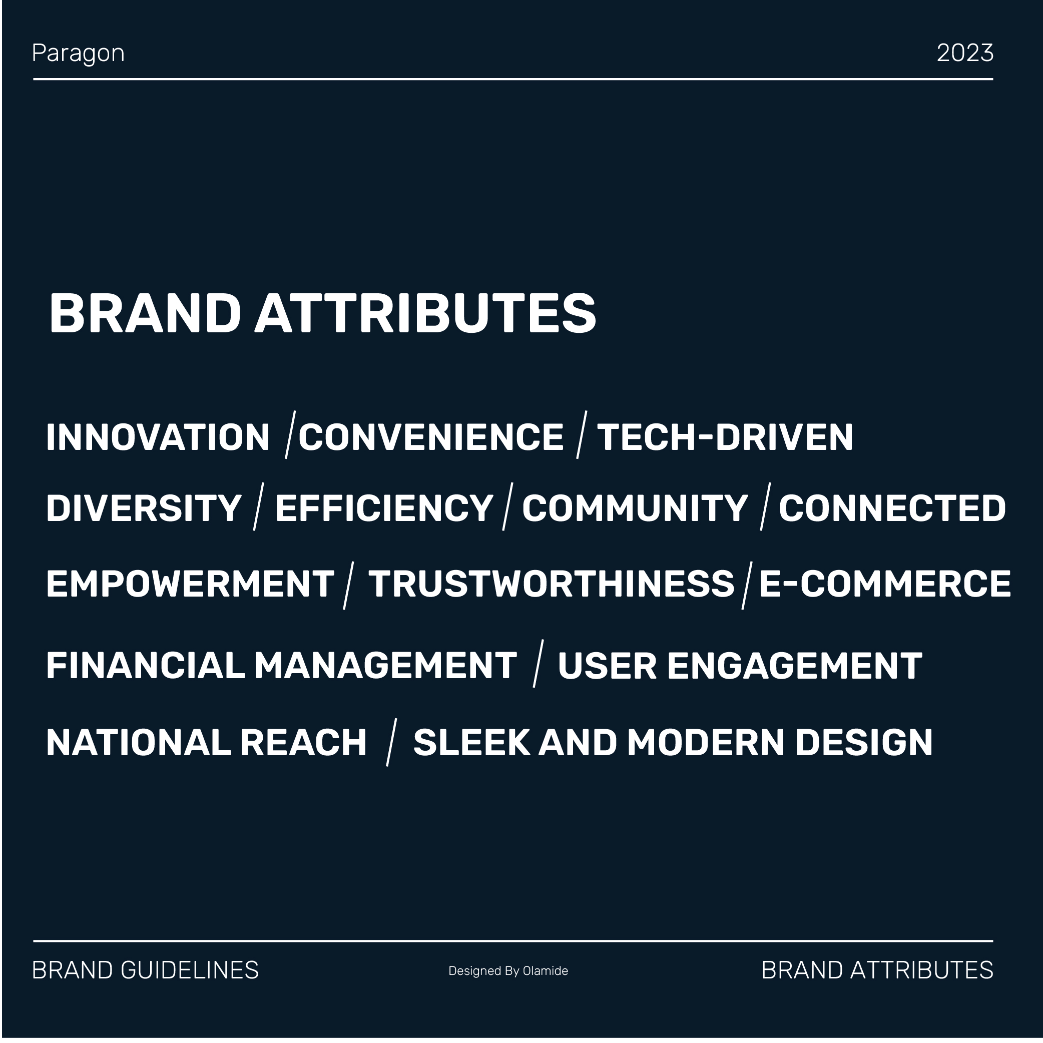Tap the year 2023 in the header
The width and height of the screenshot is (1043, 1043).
965,53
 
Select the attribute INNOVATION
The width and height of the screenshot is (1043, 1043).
158,437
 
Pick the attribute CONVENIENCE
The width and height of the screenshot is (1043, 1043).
431,437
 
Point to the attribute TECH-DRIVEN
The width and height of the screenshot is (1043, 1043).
725,437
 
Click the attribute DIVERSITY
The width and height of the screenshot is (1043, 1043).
144,508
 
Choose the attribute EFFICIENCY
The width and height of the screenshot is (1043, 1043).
384,508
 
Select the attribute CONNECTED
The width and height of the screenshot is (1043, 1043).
892,508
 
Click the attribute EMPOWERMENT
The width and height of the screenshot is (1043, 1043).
190,584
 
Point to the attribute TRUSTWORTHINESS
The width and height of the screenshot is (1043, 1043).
551,584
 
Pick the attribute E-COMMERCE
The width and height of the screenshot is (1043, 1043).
885,584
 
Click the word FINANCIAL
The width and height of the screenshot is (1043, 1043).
146,665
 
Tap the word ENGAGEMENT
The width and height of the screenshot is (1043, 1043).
795,665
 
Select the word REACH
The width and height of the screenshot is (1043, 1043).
303,742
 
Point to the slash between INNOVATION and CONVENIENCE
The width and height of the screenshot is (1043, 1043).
290,434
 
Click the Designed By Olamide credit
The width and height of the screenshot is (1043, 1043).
508,970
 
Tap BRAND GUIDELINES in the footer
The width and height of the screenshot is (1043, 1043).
146,970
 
